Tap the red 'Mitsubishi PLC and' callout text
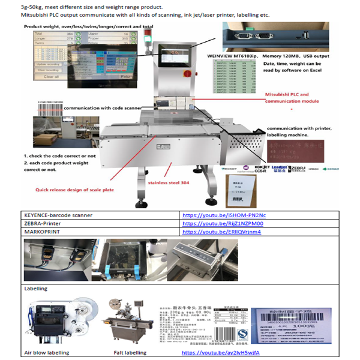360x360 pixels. (x=287, y=94)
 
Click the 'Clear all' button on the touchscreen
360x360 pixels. (x=52, y=77)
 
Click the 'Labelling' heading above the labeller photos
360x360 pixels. (x=35, y=289)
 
